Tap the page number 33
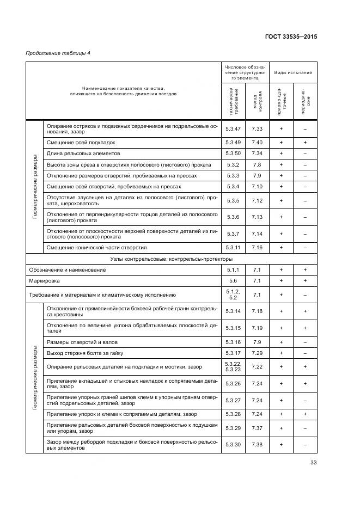[313, 463]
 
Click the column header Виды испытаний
[292, 72]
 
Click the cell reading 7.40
[258, 142]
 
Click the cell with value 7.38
[258, 444]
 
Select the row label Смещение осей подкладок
[81, 142]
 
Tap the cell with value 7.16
[258, 247]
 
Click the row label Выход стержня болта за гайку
[87, 353]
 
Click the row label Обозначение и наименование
[67, 269]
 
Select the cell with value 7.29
[258, 353]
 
